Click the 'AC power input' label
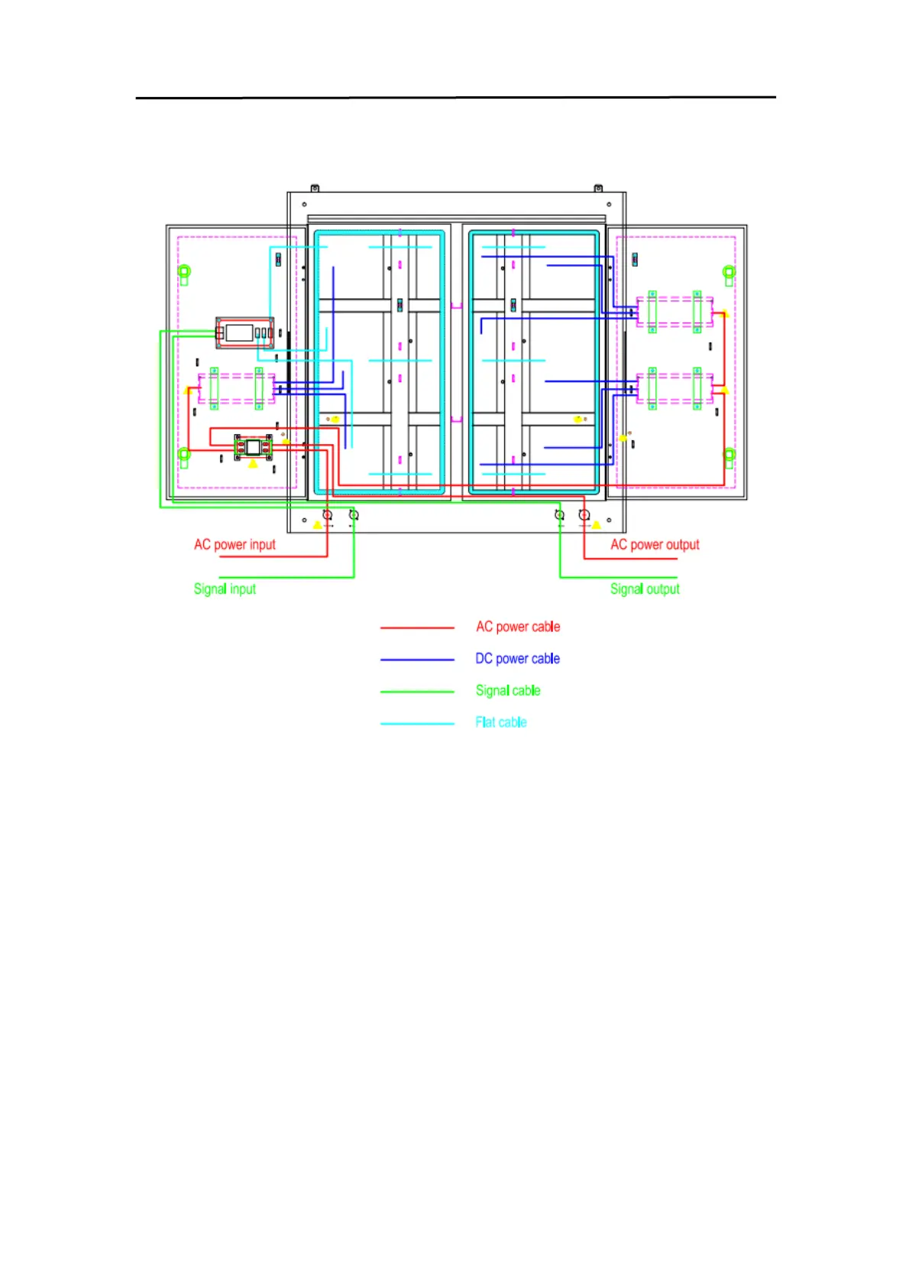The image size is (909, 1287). tap(235, 544)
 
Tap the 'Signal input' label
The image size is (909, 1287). tap(225, 588)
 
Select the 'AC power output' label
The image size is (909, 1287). tap(655, 544)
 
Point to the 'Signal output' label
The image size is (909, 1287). tap(645, 588)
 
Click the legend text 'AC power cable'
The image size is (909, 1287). tap(518, 627)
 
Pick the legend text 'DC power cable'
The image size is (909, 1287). tap(517, 659)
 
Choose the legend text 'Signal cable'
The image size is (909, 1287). tap(508, 691)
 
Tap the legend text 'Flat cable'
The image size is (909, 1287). tap(501, 722)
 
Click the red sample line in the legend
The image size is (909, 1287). tap(417, 628)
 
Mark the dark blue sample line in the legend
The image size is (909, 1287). tap(417, 660)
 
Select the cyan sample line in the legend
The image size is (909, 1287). tap(417, 723)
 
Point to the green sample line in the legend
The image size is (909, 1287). tap(417, 692)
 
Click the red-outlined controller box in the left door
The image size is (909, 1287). tap(244, 332)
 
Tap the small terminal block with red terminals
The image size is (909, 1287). tap(253, 447)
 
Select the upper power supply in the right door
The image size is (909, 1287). tap(674, 312)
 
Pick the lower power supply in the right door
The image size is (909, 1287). tap(674, 388)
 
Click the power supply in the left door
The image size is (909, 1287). tap(237, 388)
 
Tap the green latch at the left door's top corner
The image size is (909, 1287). tap(184, 272)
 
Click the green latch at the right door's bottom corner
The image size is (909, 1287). tap(729, 456)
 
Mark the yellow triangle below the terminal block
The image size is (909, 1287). tap(254, 464)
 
